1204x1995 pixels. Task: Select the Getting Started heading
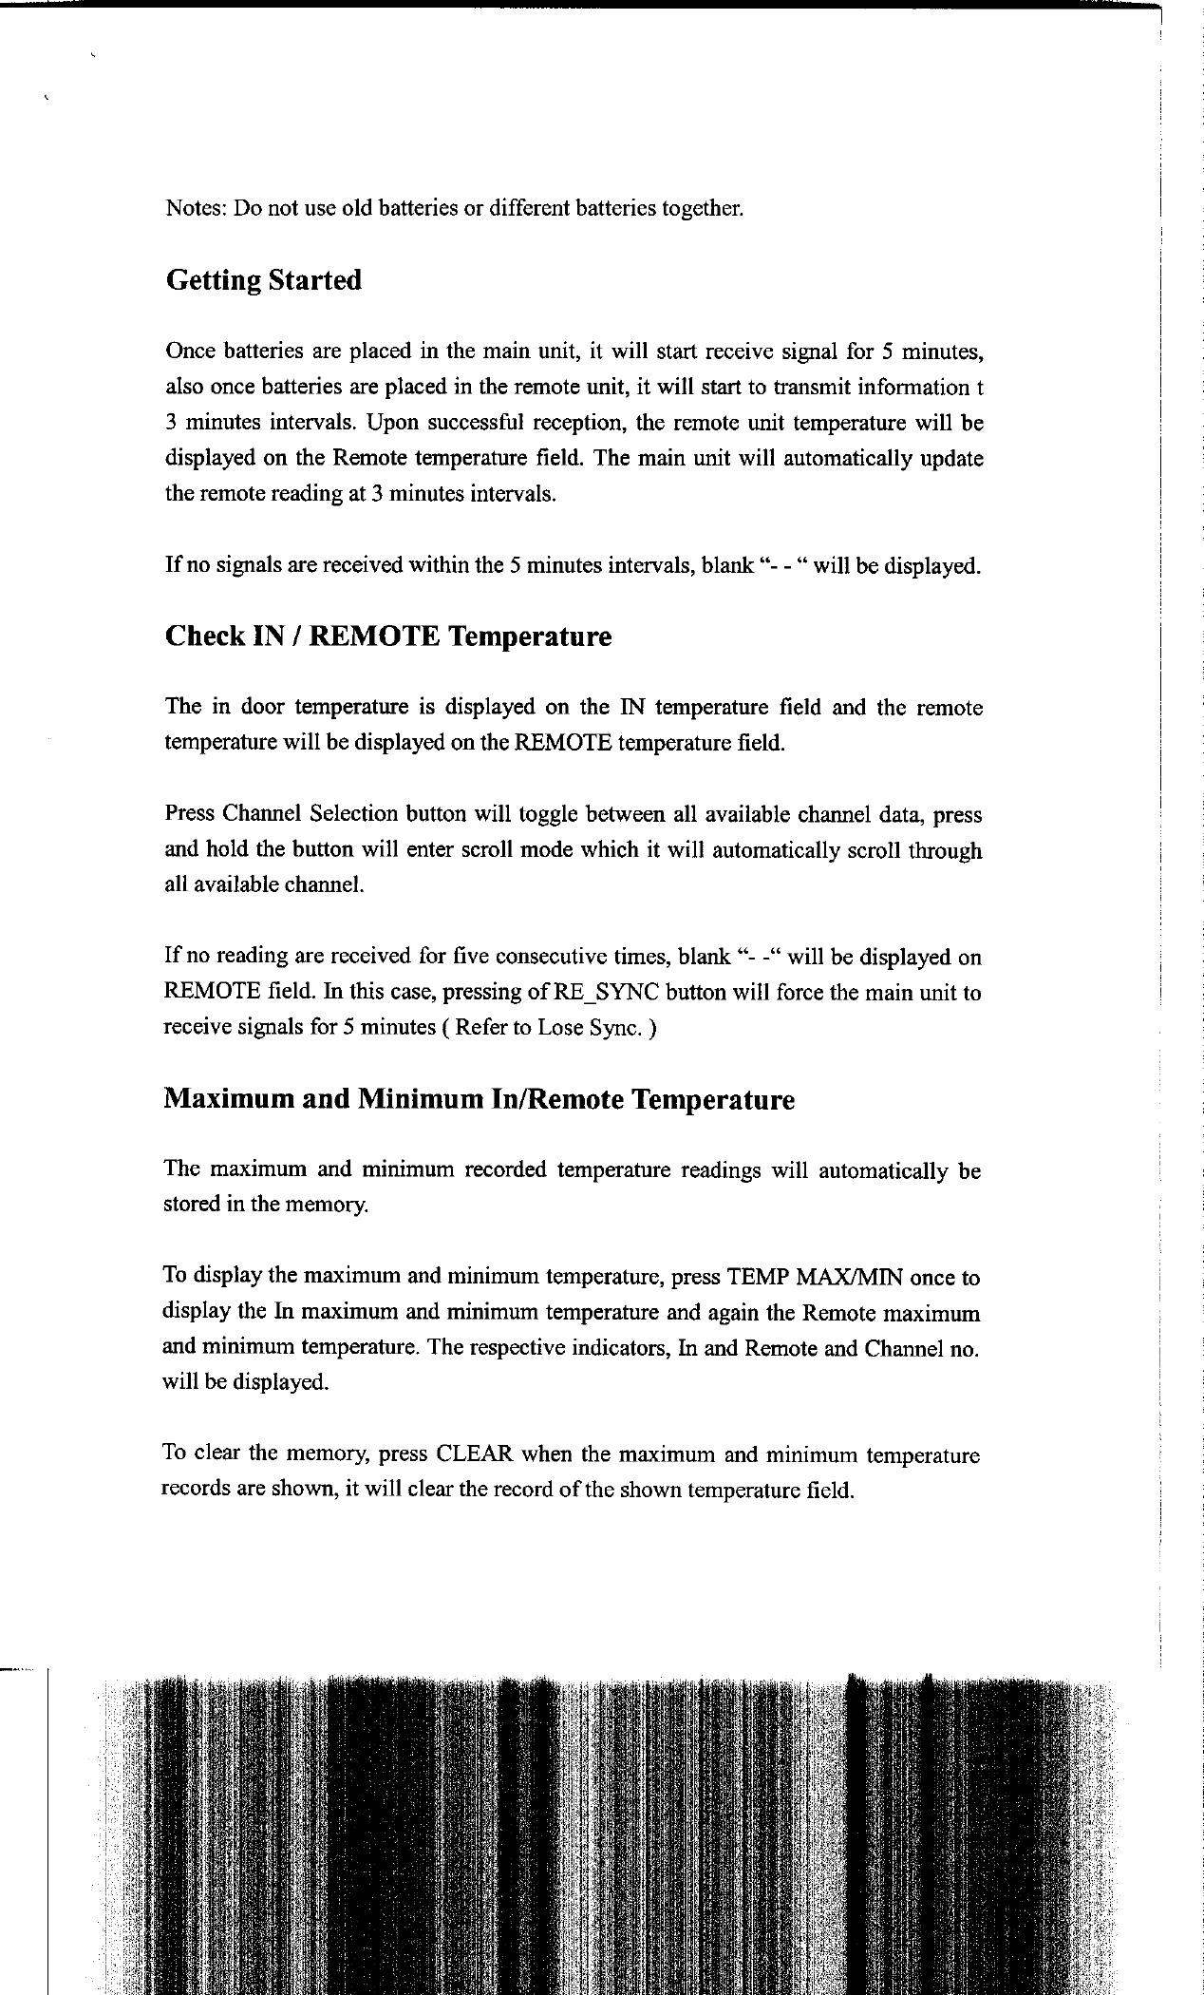click(263, 280)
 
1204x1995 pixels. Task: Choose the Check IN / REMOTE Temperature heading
click(388, 636)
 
